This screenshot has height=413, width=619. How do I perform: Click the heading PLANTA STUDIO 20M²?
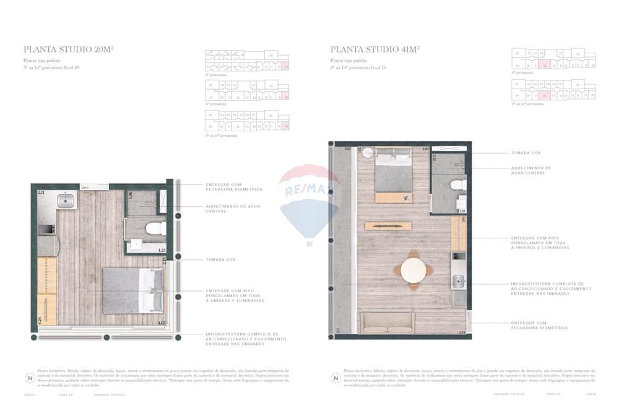68,50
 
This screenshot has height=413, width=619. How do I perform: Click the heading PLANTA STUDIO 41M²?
375,50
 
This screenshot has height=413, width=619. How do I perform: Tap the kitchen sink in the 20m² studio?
65,201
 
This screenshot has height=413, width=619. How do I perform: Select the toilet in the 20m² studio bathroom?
154,228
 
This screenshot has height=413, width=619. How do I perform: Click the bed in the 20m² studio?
133,290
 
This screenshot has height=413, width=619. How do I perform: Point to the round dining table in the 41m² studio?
413,270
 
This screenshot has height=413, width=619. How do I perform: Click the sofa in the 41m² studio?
388,322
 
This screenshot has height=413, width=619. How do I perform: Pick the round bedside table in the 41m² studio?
367,152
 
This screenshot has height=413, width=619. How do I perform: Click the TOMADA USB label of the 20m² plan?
220,260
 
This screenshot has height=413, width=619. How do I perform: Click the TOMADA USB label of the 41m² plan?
526,153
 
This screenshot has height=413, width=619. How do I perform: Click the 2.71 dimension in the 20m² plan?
41,194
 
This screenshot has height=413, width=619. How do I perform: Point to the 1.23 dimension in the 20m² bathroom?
162,250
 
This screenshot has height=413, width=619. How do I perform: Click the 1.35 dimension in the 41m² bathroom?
461,211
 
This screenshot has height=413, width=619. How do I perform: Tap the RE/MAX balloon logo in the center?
309,201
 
